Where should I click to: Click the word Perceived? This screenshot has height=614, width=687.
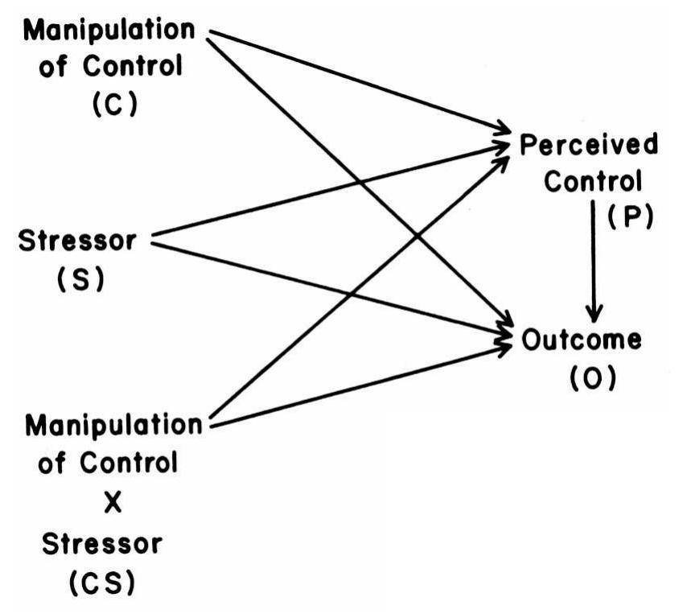point(589,146)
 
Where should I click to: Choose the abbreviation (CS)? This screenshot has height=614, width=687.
point(102,582)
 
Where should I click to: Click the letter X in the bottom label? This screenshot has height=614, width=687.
point(113,503)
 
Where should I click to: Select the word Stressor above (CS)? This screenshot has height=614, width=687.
point(101,543)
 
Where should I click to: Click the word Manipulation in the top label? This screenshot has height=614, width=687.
point(109,31)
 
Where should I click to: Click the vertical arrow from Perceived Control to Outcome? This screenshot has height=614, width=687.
point(594,258)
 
